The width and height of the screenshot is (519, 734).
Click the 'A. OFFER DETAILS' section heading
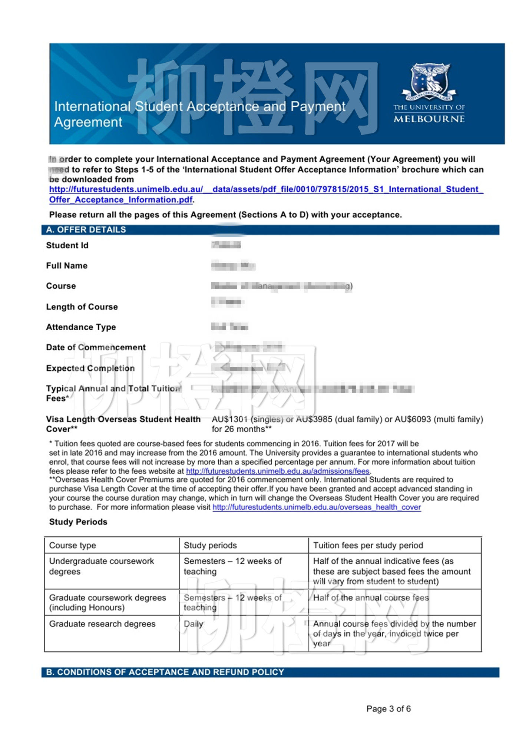(86, 230)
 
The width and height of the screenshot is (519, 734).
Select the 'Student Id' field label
(67, 245)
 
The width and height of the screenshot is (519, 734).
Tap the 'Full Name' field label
(67, 266)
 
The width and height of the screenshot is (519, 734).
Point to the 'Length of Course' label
(82, 307)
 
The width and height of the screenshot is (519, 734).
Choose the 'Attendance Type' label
(81, 327)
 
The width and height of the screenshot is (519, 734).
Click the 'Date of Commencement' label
(96, 347)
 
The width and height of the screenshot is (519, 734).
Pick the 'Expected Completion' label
(90, 368)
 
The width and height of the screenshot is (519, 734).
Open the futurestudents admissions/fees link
(278, 471)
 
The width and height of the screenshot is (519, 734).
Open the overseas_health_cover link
(317, 507)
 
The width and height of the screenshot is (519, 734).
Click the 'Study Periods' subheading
(78, 522)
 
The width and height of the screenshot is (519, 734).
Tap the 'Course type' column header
(73, 546)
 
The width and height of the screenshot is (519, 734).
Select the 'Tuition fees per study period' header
(368, 546)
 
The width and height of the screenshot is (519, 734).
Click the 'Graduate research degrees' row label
(102, 624)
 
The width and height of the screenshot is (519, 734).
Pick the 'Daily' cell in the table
(194, 624)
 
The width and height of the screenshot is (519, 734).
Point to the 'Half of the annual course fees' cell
(371, 598)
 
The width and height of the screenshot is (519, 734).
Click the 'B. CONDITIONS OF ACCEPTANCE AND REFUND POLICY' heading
(165, 672)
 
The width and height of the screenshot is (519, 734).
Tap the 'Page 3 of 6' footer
(389, 709)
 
